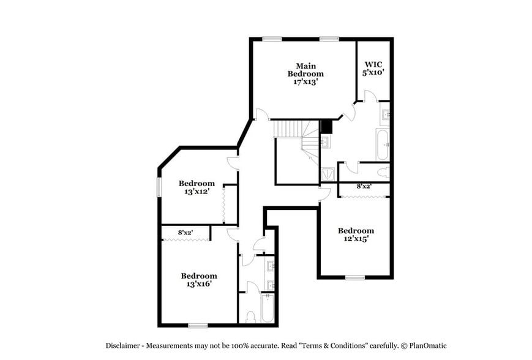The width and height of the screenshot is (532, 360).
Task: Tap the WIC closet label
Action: (373, 64)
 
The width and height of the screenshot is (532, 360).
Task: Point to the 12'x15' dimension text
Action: (356, 239)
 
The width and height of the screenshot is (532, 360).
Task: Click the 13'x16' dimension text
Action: (199, 284)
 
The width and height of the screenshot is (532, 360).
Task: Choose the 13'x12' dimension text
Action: (197, 192)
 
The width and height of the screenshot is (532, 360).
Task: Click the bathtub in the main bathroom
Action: (382, 144)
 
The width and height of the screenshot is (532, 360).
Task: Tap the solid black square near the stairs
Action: (326, 127)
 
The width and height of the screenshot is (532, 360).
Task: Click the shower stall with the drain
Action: (328, 174)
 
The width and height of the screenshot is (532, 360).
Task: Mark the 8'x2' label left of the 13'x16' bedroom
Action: (185, 233)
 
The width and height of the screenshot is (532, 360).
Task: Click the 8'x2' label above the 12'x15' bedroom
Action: (364, 186)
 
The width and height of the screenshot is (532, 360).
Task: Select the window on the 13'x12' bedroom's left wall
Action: (159, 187)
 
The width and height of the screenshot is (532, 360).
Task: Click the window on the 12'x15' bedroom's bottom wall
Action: (354, 277)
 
